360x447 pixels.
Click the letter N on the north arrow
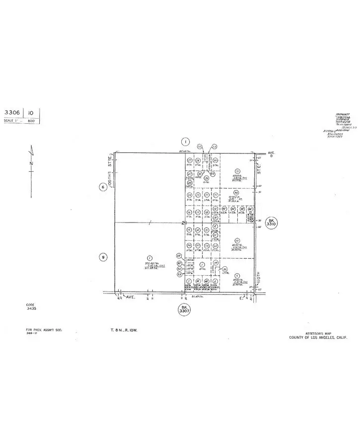pyautogui.click(x=31, y=162)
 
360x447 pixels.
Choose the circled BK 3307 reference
pyautogui.click(x=184, y=310)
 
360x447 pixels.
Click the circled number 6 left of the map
pyautogui.click(x=103, y=187)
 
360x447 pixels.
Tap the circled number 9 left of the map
pyautogui.click(x=103, y=257)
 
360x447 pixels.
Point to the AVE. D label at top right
pyautogui.click(x=271, y=142)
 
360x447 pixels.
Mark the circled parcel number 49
pyautogui.click(x=179, y=256)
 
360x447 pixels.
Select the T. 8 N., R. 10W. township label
pyautogui.click(x=127, y=329)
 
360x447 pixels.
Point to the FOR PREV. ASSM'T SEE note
pyautogui.click(x=44, y=329)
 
